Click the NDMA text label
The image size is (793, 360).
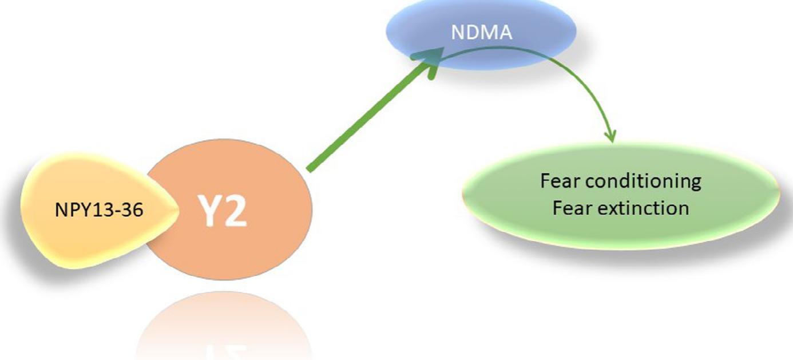pyautogui.click(x=481, y=33)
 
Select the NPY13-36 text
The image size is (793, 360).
pyautogui.click(x=98, y=210)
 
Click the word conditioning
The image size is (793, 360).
pyautogui.click(x=645, y=181)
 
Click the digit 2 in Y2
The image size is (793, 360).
pyautogui.click(x=235, y=211)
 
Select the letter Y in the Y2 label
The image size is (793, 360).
pyautogui.click(x=210, y=211)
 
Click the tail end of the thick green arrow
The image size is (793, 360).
pyautogui.click(x=310, y=169)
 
